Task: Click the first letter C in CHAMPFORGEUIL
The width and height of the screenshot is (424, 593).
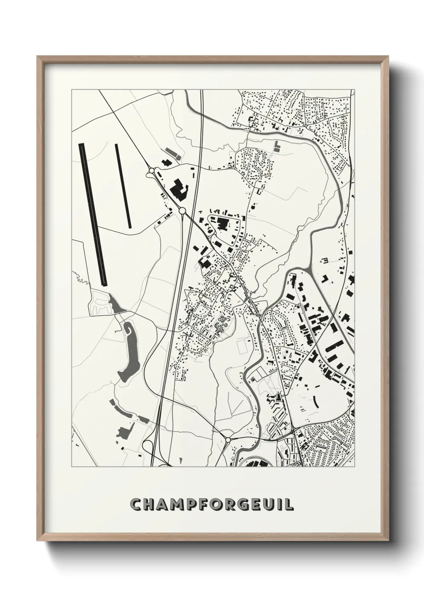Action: tap(137, 504)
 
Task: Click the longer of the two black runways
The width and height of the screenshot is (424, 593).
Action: tap(93, 214)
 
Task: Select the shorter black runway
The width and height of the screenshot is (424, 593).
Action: tap(123, 185)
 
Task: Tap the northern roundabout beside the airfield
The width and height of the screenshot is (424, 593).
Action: tap(151, 171)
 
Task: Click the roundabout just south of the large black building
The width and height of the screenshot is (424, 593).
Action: tap(182, 210)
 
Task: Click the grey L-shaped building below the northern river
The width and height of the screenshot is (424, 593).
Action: tap(276, 147)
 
